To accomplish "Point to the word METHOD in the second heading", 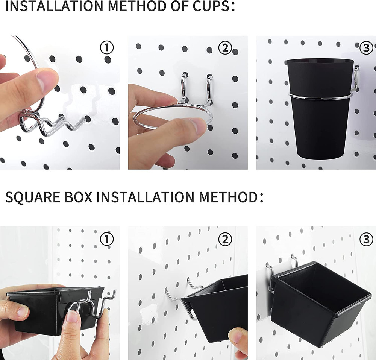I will pyautogui.click(x=226, y=197).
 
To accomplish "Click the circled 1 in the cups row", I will pyautogui.click(x=106, y=48).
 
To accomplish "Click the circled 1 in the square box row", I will pyautogui.click(x=106, y=238).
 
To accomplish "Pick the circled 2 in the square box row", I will pyautogui.click(x=225, y=238).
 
